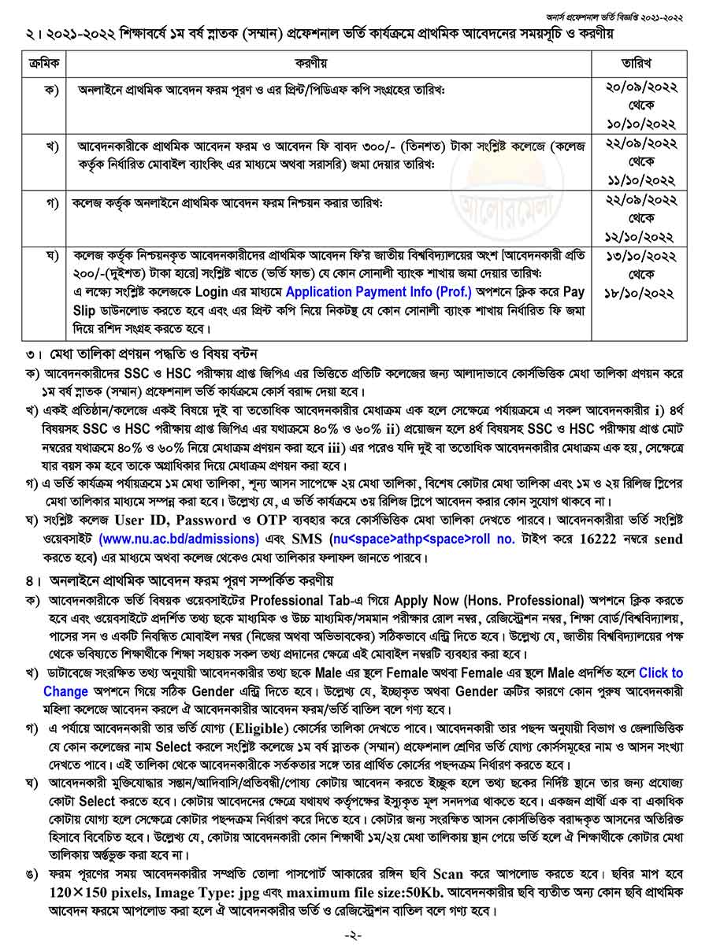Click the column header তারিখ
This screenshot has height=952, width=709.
pos(639,62)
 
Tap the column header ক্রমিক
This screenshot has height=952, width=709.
pos(43,62)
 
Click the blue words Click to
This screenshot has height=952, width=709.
pos(661,673)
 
